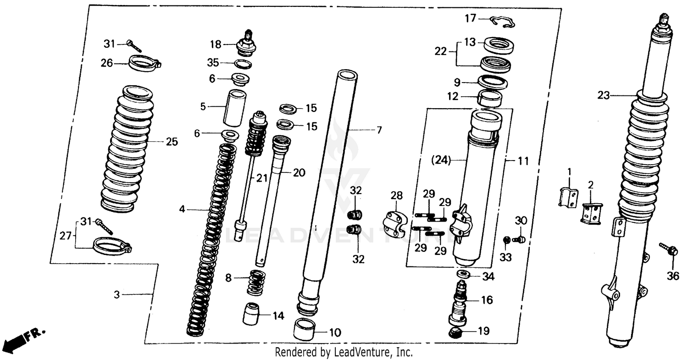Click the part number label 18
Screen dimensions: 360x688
[216, 44]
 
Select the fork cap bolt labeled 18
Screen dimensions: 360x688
[246, 44]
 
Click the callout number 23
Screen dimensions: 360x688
[604, 95]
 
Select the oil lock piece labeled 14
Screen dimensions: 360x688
[251, 314]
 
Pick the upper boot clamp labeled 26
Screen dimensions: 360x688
[143, 62]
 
